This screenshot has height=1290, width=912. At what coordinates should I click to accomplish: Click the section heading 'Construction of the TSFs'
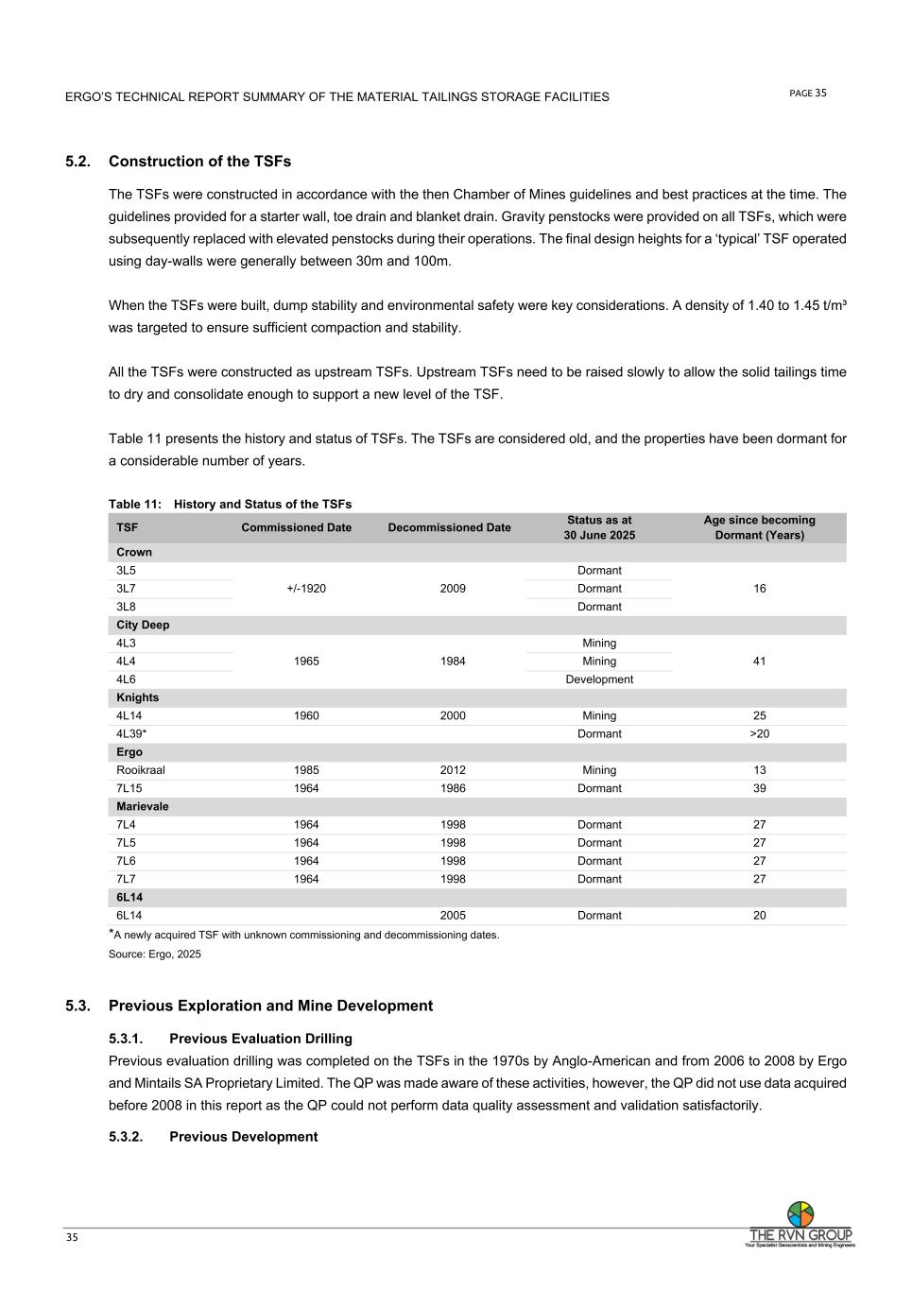pos(199,162)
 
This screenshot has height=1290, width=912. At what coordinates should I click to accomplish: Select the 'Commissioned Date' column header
pos(296,527)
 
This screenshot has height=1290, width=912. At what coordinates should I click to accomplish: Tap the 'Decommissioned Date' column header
pos(449,527)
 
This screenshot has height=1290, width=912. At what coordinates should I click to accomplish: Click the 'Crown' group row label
pos(134,552)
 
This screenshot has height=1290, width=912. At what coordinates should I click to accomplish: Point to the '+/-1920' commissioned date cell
pos(306,589)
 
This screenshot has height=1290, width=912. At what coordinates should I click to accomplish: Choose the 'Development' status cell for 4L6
pos(599,679)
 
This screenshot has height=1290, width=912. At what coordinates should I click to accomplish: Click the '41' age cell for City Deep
pos(759,662)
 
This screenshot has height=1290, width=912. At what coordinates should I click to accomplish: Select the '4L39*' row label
pos(131,734)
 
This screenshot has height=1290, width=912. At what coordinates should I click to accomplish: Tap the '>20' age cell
pos(759,734)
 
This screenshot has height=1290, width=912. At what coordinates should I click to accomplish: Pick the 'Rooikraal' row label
pos(140,770)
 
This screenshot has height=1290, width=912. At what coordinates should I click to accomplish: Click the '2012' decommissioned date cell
pos(453,770)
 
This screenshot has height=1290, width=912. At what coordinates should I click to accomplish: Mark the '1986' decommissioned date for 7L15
pos(453,788)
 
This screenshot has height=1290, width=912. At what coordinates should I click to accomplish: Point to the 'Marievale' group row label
pos(143,807)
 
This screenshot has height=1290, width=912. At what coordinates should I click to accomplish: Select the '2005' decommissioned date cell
pos(453,916)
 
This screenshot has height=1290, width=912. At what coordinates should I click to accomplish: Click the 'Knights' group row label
pos(138,697)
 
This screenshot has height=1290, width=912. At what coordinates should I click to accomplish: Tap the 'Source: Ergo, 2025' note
pos(155,955)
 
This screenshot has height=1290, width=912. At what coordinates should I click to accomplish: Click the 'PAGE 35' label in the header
pos(807,93)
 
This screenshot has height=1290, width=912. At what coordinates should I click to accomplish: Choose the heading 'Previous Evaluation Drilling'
pos(260,1039)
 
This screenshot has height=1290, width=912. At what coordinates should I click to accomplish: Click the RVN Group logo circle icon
pos(800,1213)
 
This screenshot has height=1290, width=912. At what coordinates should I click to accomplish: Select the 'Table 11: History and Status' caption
pos(230,504)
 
